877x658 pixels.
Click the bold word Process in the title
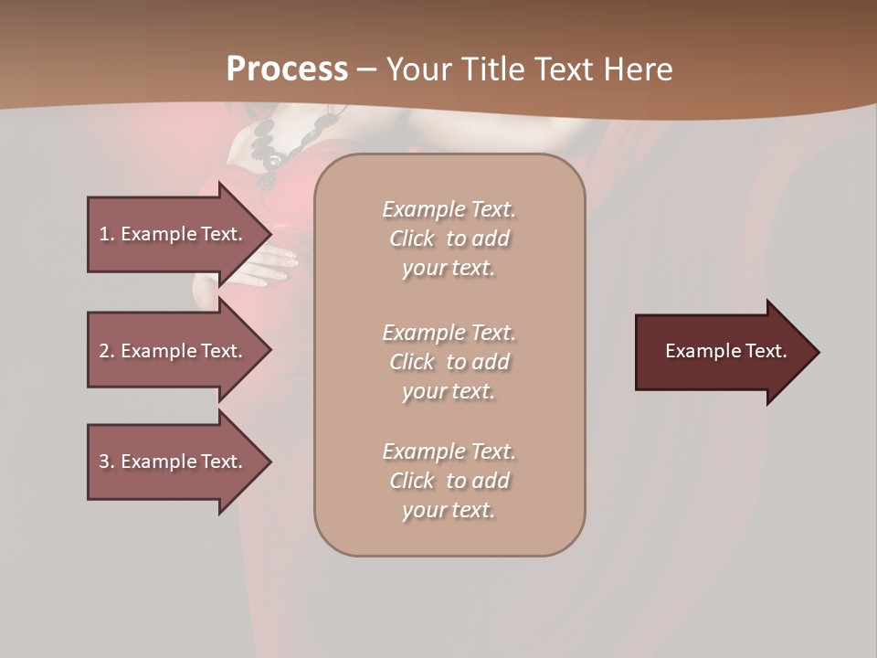coord(287,69)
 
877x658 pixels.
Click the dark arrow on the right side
coord(722,352)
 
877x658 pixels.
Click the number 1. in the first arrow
coord(107,234)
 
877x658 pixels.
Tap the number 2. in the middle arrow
coord(107,351)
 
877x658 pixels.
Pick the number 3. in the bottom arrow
coord(107,462)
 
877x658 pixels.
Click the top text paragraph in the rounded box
coord(449,239)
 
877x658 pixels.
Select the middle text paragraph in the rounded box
coord(449,362)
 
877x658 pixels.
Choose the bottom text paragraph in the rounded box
coord(449,481)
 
